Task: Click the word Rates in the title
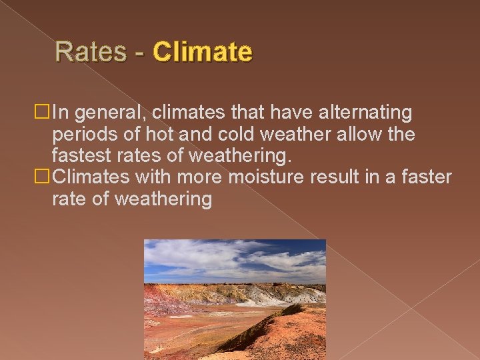[91, 52]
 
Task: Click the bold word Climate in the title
[203, 52]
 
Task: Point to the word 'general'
[106, 114]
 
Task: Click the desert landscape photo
[235, 299]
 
